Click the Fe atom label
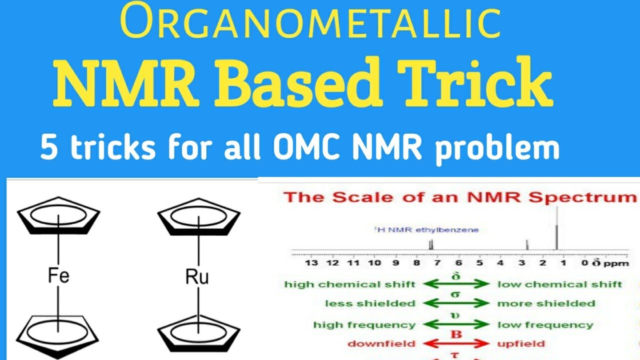[x=58, y=275]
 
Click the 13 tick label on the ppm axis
[x=311, y=263]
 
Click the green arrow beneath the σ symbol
[x=456, y=303]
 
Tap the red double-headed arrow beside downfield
[x=456, y=344]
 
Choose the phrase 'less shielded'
[x=369, y=303]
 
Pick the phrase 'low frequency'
[x=545, y=325]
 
